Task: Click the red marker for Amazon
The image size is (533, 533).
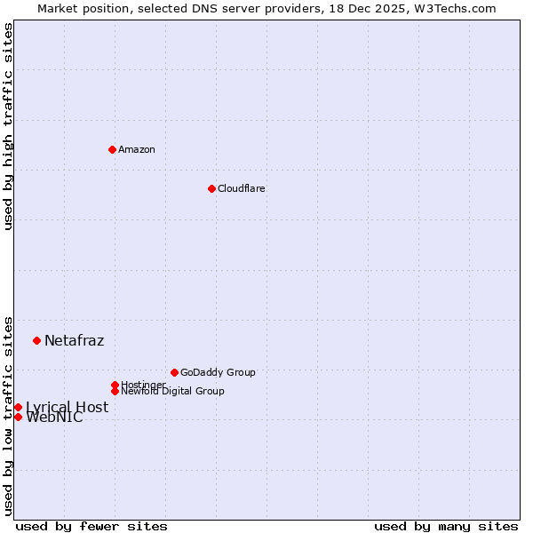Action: click(x=112, y=149)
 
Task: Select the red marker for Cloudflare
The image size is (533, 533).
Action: click(x=211, y=188)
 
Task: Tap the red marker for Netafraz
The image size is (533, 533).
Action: click(x=36, y=340)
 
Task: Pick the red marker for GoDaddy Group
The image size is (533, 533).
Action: click(x=174, y=372)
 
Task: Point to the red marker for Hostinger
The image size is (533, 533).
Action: click(x=115, y=385)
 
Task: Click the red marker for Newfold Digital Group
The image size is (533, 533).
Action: click(x=115, y=391)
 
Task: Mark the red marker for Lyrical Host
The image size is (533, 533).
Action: click(x=18, y=407)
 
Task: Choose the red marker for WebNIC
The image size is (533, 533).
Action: click(x=18, y=417)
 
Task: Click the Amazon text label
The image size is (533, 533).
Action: click(x=137, y=149)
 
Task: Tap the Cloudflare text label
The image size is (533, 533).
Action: click(x=242, y=188)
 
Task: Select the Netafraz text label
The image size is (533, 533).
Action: click(x=74, y=340)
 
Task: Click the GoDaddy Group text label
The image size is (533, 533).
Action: click(x=218, y=372)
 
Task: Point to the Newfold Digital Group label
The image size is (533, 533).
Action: click(x=172, y=391)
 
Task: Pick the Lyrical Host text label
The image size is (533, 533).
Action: click(x=67, y=407)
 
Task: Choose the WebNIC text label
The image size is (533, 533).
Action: click(x=54, y=418)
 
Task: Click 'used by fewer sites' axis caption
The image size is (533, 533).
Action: click(x=91, y=526)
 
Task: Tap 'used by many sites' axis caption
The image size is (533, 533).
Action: click(x=446, y=526)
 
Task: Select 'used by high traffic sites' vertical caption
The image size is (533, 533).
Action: click(x=8, y=126)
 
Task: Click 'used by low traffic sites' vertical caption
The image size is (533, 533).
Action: click(x=8, y=415)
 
